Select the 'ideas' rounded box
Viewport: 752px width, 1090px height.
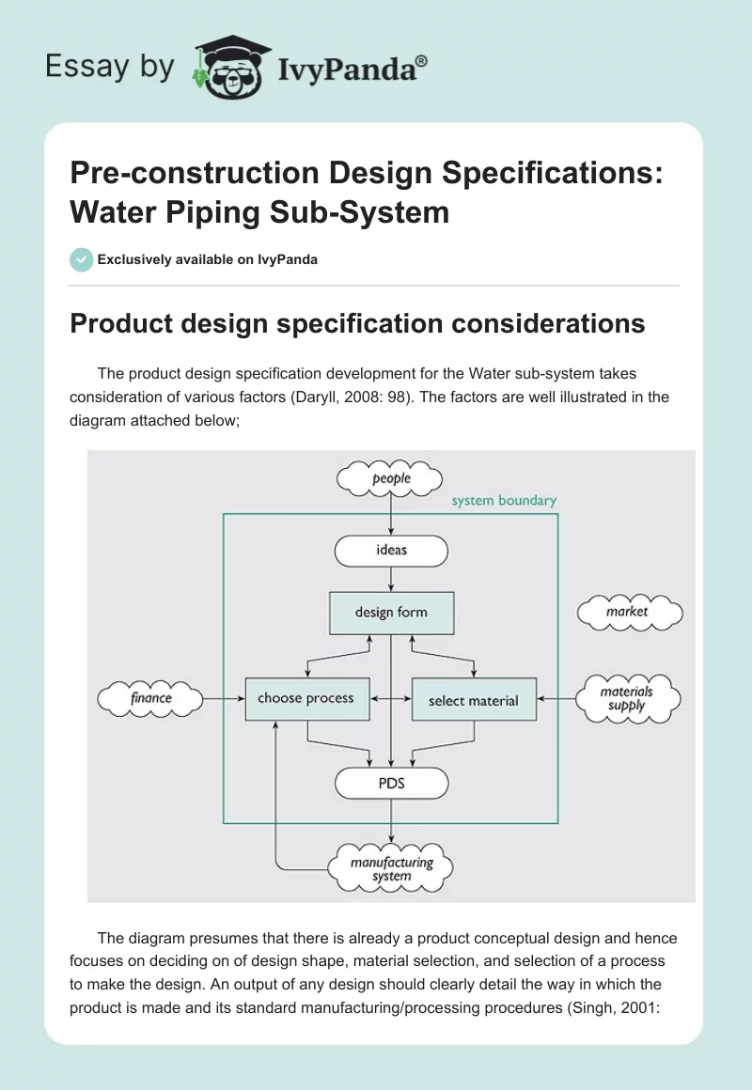391,550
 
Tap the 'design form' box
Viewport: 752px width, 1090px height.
391,613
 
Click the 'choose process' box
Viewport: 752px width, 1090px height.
305,698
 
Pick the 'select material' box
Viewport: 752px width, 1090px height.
474,700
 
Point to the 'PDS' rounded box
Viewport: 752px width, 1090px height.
391,782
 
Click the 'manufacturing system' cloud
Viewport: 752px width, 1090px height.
391,868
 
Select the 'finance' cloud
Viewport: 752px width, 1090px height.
151,698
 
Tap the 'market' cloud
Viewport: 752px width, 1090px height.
627,612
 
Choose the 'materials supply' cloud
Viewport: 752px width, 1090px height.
627,698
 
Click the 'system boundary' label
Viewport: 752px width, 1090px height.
504,501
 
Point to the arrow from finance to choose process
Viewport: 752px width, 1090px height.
224,698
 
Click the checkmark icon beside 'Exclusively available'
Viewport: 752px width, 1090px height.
81,259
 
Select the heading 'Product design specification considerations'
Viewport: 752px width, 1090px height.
357,324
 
